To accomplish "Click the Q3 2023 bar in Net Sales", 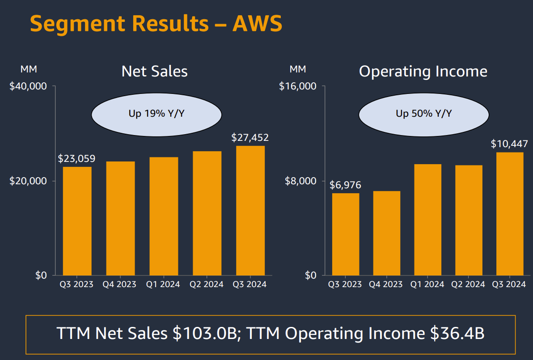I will tap(77, 221).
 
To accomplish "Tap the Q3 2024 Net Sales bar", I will tap(250, 210).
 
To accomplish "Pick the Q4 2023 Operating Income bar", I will tap(386, 233).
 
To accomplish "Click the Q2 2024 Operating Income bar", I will tap(469, 220).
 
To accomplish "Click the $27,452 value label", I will tap(250, 138).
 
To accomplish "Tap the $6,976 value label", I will tap(345, 185).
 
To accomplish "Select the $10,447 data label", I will tap(509, 144).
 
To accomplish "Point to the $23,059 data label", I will tap(76, 159).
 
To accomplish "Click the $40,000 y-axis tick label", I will tap(28, 86).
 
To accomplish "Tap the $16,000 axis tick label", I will tap(298, 86).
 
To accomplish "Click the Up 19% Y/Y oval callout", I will tap(157, 114).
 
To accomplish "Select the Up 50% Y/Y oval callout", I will tap(423, 114).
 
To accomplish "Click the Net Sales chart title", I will tap(155, 72).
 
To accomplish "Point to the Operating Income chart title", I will tap(423, 72).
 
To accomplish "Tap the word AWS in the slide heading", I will tap(257, 23).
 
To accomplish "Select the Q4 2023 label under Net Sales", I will tap(120, 284).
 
